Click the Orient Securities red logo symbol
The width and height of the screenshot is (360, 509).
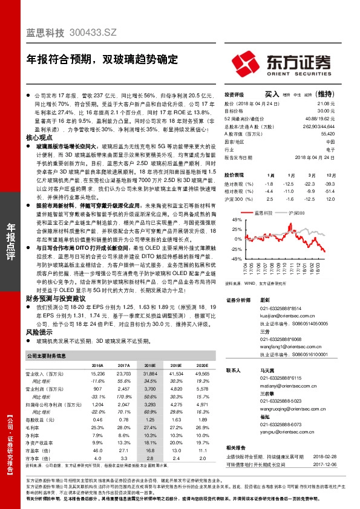click(247, 63)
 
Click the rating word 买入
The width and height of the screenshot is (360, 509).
click(272, 94)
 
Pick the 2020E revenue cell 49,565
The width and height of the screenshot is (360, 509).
click(202, 374)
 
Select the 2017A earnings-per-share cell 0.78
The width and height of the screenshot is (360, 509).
click(123, 419)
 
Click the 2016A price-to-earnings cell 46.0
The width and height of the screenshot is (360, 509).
click(97, 450)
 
